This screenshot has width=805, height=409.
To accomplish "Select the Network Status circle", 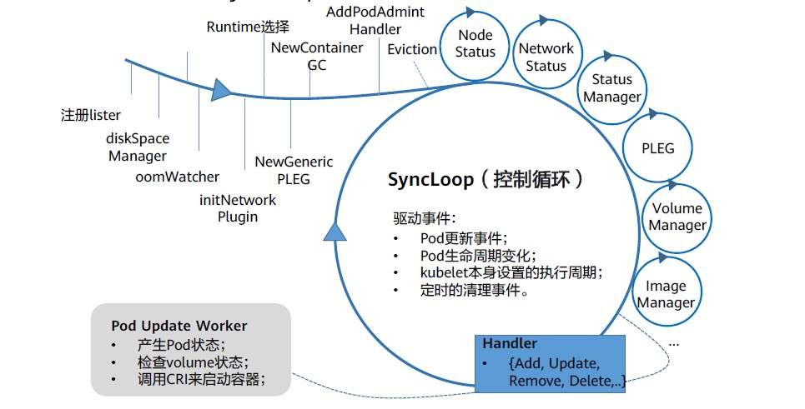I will tap(546, 57).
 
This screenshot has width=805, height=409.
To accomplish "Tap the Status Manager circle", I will tap(612, 87).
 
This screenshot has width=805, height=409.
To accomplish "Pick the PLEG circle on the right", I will tap(657, 149).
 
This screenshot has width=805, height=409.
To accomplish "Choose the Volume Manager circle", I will tap(677, 217).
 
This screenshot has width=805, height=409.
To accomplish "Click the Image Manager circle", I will tap(666, 294).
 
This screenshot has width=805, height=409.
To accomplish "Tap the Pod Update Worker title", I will tap(179, 325).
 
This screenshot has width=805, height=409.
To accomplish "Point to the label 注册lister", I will tap(91, 114).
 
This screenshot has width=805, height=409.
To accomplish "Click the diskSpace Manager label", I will tap(138, 147).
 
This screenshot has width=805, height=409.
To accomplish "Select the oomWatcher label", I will tap(178, 177).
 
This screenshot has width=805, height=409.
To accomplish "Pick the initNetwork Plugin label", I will tap(238, 208).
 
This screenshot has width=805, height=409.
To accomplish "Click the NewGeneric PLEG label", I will tap(294, 170).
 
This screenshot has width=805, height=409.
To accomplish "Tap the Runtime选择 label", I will tap(248, 27).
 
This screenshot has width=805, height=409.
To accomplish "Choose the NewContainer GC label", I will tap(317, 56).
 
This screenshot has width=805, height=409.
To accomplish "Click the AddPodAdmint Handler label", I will tap(375, 20).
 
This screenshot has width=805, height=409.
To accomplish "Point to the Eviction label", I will tap(412, 49).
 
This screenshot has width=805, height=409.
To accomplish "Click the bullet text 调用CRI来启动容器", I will tap(200, 381).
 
